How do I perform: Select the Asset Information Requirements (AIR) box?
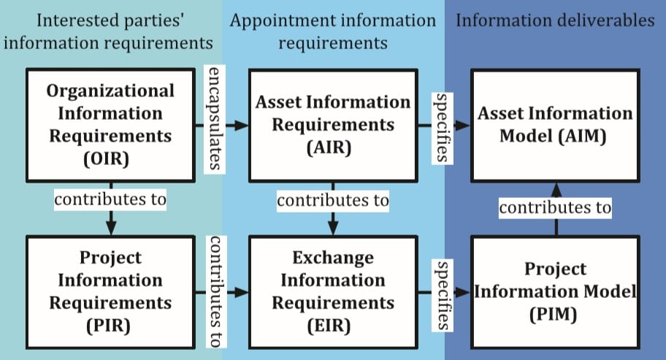[x=332, y=125]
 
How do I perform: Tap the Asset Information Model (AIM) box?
[x=555, y=125]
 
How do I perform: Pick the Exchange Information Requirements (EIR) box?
[x=332, y=291]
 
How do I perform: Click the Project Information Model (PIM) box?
[x=555, y=291]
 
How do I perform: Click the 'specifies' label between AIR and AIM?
[x=440, y=126]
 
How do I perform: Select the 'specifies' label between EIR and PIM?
[x=440, y=293]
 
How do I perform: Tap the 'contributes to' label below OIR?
[x=110, y=198]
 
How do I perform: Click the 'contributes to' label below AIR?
[x=332, y=198]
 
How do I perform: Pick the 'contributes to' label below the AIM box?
[x=555, y=207]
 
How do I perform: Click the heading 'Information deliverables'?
[x=555, y=20]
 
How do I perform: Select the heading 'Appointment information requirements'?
[x=332, y=31]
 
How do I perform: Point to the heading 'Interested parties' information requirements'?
[x=110, y=31]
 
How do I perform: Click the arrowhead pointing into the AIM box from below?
[x=555, y=188]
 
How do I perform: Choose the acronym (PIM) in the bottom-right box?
[x=555, y=315]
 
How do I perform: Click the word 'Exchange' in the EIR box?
[x=332, y=258]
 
